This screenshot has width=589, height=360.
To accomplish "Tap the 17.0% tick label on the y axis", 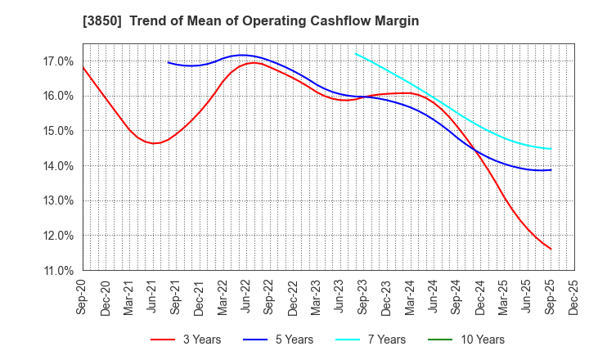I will click(x=56, y=61).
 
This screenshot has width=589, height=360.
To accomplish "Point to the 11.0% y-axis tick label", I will click(x=56, y=270).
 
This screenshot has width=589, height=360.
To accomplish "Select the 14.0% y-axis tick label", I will click(x=56, y=165).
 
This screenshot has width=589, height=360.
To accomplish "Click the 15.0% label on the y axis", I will click(x=56, y=130).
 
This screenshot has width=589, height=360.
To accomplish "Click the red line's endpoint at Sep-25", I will click(x=551, y=249).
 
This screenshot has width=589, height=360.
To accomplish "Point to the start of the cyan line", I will click(x=356, y=54).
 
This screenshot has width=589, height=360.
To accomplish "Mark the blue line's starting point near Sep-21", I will click(x=168, y=62).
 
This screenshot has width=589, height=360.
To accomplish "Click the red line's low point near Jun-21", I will click(x=154, y=143).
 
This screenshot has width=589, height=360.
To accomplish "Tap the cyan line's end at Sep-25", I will click(x=551, y=149).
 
